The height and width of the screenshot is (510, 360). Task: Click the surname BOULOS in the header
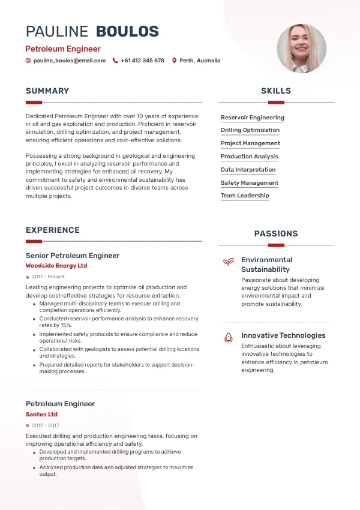128,32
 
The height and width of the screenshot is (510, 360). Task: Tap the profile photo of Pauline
301,48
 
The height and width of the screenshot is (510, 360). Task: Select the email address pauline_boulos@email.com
70,61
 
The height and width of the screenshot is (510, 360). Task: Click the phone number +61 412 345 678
142,61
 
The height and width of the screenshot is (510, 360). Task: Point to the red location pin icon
175,61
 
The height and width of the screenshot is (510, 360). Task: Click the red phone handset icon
115,61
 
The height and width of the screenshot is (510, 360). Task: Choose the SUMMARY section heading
47,91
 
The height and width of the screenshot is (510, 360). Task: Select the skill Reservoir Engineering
253,118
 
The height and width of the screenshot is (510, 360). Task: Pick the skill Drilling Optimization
250,130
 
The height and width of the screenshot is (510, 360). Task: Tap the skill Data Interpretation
248,170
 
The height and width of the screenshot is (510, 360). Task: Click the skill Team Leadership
245,196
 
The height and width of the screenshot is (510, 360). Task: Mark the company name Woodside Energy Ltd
56,266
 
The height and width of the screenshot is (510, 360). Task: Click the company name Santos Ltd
42,415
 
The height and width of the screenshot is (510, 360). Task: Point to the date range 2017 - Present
49,277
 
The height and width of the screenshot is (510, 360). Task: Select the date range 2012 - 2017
46,425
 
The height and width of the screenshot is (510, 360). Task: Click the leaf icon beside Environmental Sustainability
228,262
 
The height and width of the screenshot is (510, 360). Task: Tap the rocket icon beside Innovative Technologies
228,338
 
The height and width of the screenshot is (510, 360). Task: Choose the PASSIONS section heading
276,234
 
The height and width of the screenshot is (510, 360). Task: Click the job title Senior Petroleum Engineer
73,256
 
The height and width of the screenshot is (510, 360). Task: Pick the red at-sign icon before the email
28,61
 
